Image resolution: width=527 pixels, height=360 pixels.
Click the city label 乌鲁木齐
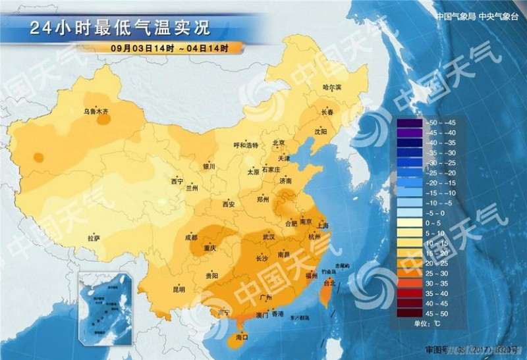96,112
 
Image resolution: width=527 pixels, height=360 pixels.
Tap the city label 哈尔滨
332,88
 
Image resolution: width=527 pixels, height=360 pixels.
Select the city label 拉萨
94,238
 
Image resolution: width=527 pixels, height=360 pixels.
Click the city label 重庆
210,248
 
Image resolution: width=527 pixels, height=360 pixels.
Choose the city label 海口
243,337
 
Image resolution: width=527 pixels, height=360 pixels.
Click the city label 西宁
177,181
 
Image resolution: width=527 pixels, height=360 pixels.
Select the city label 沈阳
320,132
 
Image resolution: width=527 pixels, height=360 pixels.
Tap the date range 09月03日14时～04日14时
169,48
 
